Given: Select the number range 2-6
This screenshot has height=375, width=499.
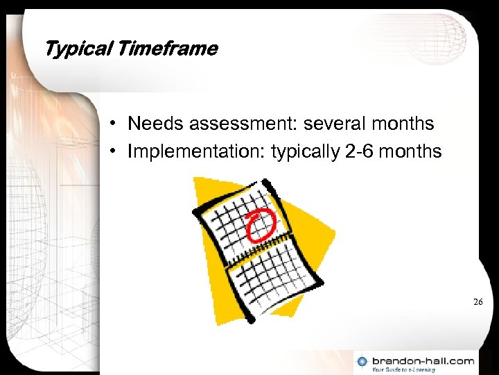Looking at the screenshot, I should click(x=360, y=151).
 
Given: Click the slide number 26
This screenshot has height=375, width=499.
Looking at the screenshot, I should click(x=478, y=302).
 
